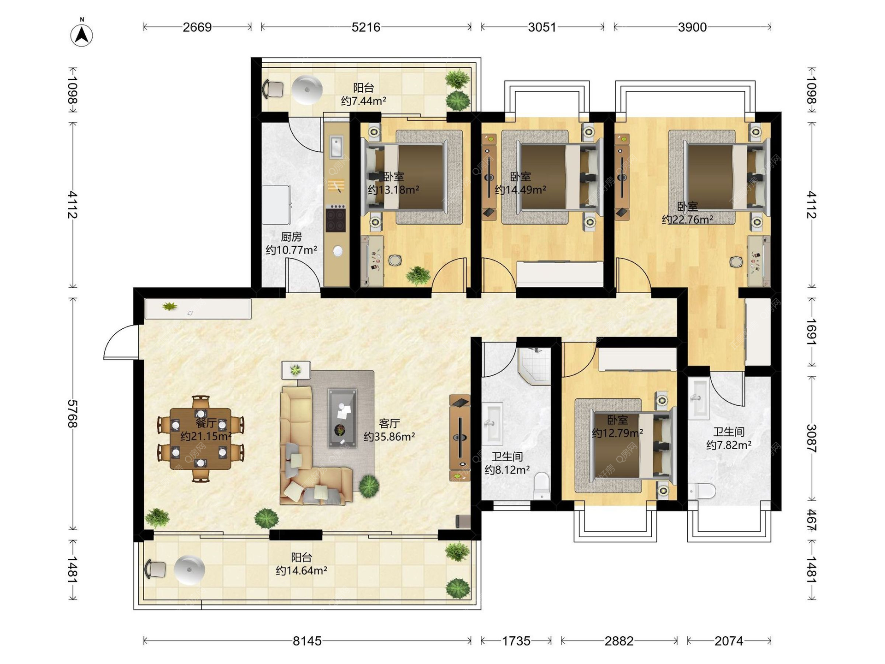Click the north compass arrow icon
82,34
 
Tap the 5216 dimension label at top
366,27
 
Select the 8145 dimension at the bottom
307,641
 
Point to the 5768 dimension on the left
73,414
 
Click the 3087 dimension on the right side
812,438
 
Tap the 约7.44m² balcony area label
364,101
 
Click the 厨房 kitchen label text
291,237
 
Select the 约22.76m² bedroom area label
687,219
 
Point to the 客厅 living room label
389,423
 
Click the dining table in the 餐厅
200,439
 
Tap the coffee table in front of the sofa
342,418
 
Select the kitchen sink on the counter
336,146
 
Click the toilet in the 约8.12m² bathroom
542,486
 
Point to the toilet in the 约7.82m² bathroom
702,491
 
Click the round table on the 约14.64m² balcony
189,570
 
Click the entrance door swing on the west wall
121,342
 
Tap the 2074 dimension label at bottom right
729,641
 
